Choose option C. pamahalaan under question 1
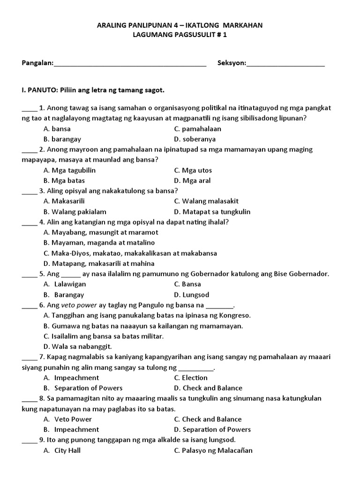(197, 128)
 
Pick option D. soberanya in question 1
(195, 139)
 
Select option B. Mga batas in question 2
(64, 180)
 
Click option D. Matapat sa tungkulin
(212, 211)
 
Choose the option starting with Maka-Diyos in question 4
(130, 253)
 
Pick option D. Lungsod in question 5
(191, 295)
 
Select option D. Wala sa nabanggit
(77, 346)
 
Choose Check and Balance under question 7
(208, 388)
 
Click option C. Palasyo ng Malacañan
(213, 450)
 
